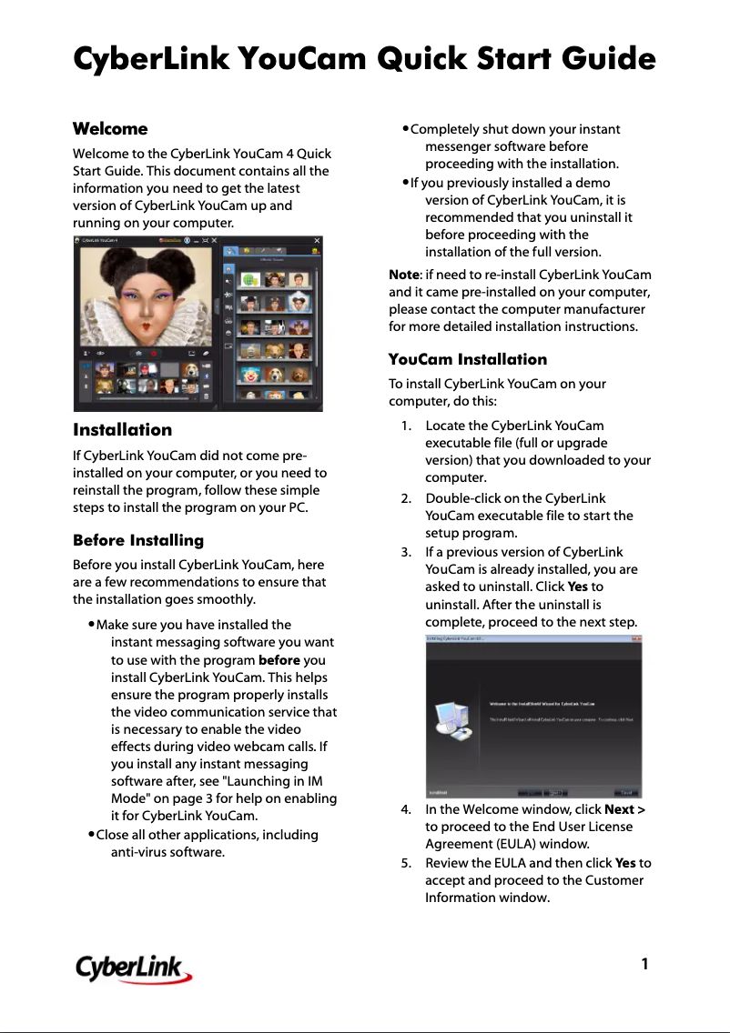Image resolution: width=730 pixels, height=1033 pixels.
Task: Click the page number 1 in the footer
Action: [644, 963]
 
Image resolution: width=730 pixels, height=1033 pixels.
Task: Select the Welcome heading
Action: [110, 128]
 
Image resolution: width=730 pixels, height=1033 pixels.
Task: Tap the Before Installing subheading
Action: [138, 540]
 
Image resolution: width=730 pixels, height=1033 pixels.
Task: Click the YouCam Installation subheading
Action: [468, 359]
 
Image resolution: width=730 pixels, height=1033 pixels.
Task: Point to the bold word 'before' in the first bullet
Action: [279, 660]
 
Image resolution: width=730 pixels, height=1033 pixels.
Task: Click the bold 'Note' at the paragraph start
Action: [403, 275]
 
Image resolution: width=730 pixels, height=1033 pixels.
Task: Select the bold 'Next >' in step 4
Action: [625, 809]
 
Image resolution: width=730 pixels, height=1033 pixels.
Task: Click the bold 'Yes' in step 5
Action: [624, 863]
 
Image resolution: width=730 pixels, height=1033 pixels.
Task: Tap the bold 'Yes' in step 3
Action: [577, 587]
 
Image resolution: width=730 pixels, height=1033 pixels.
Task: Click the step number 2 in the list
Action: [405, 498]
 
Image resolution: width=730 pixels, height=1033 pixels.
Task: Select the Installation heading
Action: [122, 429]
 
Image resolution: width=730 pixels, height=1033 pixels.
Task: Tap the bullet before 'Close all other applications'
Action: [92, 835]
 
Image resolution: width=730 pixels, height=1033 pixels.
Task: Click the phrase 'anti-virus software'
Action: [167, 853]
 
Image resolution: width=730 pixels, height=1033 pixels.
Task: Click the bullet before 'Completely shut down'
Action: [406, 129]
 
